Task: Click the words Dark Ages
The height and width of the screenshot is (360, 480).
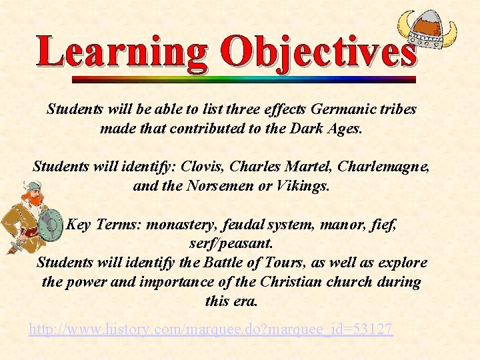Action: click(x=325, y=129)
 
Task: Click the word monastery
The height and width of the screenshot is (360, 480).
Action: click(x=176, y=225)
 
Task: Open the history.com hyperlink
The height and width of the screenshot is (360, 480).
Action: click(x=211, y=329)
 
